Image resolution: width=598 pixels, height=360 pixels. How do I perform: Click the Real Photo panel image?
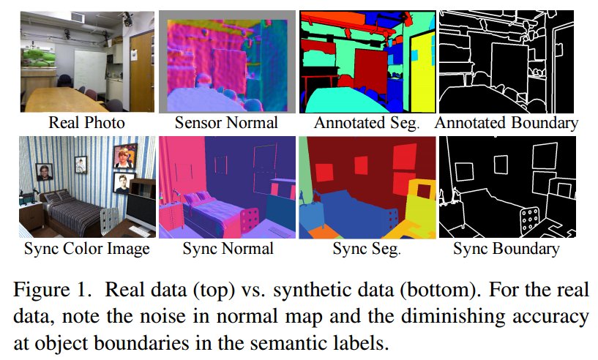86,61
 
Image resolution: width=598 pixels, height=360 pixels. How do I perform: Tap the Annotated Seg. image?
366,61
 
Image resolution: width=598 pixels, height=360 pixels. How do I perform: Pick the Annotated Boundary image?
507,61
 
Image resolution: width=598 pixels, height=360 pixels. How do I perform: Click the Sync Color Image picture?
86,187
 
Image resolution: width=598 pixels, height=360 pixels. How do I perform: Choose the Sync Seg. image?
366,187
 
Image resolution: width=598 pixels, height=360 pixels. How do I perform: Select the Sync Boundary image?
507,187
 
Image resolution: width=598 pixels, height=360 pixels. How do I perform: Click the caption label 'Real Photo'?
86,123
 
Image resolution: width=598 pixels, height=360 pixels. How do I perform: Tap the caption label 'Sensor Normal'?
227,123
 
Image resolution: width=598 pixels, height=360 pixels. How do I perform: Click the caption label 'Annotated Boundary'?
507,123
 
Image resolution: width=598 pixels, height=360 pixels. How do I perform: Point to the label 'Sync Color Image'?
86,249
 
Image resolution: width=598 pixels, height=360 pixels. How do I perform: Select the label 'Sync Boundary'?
507,249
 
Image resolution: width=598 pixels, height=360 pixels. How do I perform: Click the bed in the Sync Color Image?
73,212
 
